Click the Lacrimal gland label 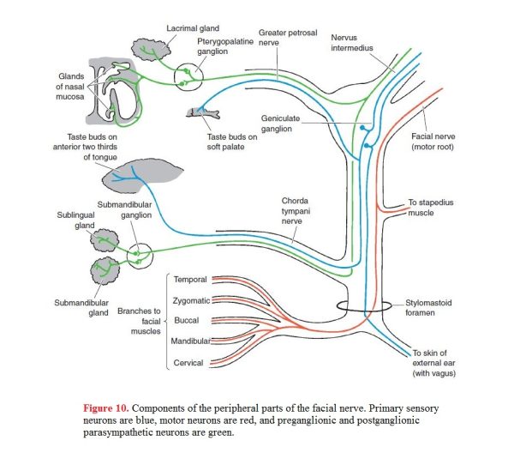(193, 28)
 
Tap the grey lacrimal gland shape (151, 50)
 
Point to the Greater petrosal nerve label (288, 38)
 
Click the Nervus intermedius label (352, 43)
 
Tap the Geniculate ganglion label (280, 124)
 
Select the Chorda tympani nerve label (296, 211)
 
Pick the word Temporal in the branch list (190, 280)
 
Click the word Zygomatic (191, 301)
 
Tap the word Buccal (187, 321)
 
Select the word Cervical (188, 363)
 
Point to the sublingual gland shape (104, 241)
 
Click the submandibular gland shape (105, 271)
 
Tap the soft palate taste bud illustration (203, 112)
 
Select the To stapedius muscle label (431, 208)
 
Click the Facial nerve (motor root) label (433, 142)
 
